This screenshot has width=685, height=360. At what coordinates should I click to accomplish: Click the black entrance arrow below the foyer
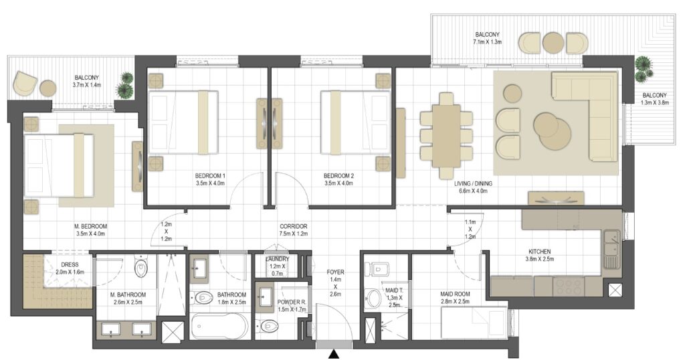pyautogui.click(x=334, y=355)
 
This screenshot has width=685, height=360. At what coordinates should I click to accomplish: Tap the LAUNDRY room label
pyautogui.click(x=277, y=259)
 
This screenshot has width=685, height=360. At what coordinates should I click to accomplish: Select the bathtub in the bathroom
pyautogui.click(x=219, y=325)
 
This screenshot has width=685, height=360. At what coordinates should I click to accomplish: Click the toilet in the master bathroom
pyautogui.click(x=141, y=269)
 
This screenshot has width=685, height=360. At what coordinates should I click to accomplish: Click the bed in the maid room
pyautogui.click(x=474, y=323)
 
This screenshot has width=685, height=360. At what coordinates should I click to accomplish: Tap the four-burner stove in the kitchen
pyautogui.click(x=569, y=286)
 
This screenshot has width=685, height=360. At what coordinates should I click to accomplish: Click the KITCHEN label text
pyautogui.click(x=540, y=252)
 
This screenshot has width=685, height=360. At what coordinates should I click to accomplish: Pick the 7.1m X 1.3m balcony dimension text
pyautogui.click(x=487, y=42)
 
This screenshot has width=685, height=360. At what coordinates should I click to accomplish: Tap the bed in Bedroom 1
pyautogui.click(x=183, y=122)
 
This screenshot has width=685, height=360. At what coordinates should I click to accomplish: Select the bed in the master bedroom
pyautogui.click(x=59, y=165)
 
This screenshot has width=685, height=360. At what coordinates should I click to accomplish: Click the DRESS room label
pyautogui.click(x=70, y=264)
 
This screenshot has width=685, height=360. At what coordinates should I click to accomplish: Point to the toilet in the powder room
pyautogui.click(x=269, y=326)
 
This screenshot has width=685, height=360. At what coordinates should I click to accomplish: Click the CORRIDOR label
pyautogui.click(x=294, y=226)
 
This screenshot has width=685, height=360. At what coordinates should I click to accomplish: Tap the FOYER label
pyautogui.click(x=335, y=272)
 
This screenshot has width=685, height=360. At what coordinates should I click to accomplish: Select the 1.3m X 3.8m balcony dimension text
pyautogui.click(x=654, y=102)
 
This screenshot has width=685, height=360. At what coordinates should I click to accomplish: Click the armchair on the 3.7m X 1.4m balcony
pyautogui.click(x=25, y=84)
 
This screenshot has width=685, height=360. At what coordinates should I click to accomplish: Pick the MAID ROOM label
pyautogui.click(x=455, y=294)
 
